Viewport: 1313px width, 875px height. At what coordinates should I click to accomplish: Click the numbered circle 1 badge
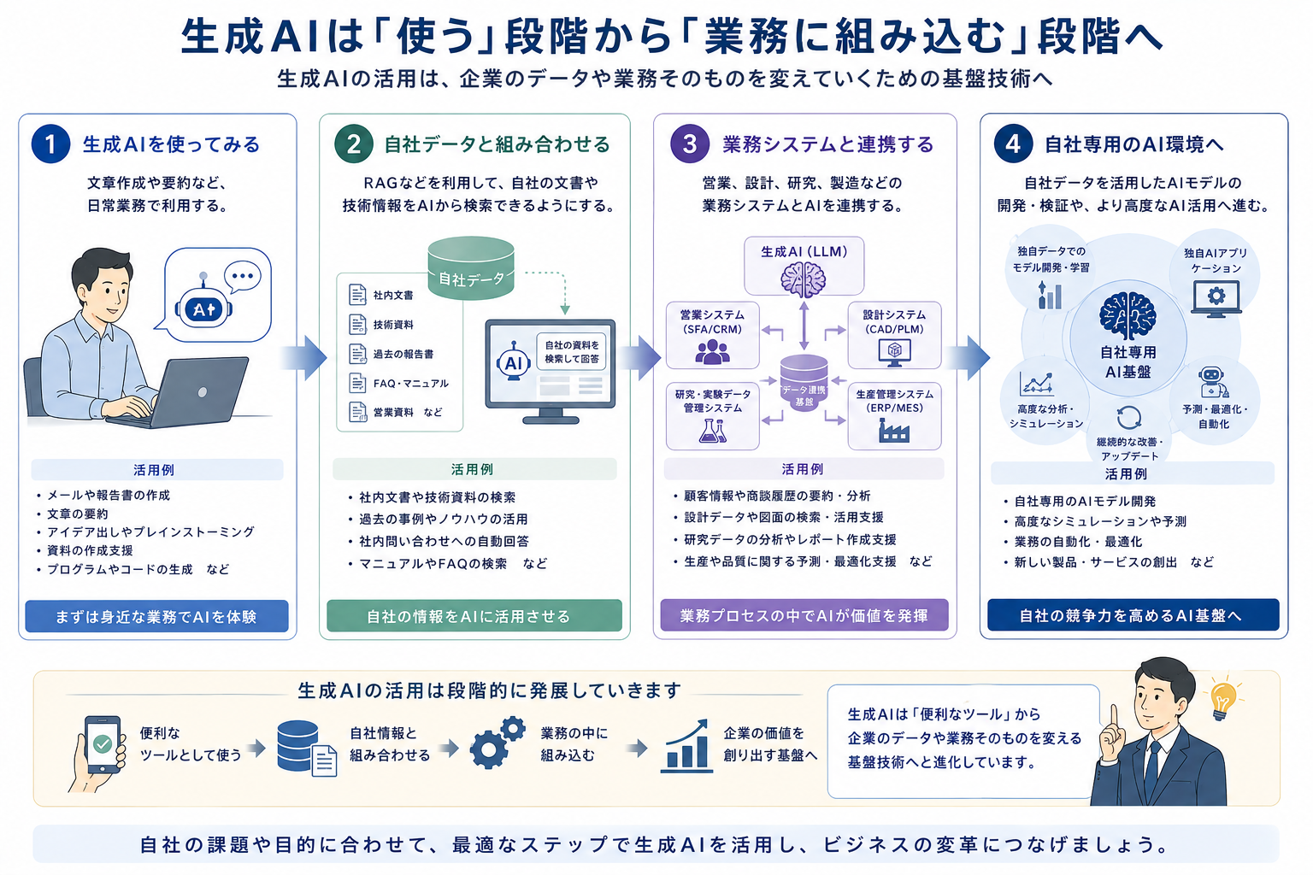point(51,144)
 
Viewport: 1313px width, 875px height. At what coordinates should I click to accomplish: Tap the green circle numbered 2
point(353,144)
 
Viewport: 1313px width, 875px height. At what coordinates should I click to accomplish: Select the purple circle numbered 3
point(690,144)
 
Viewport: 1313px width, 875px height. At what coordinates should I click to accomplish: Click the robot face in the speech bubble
point(203,307)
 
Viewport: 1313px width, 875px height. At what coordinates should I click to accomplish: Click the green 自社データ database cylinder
point(471,267)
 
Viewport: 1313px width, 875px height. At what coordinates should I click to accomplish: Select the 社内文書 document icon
point(357,294)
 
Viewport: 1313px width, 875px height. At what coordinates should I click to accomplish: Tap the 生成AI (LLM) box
point(804,266)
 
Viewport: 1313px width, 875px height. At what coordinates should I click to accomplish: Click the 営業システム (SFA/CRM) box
point(712,335)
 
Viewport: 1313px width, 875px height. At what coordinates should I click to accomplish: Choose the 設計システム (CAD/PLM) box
point(894,335)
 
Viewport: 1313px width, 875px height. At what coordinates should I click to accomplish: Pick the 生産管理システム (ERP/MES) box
point(894,416)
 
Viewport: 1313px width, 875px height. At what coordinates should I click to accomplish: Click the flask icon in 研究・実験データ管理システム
point(713,431)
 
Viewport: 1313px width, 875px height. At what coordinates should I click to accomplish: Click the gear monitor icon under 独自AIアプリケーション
point(1216,298)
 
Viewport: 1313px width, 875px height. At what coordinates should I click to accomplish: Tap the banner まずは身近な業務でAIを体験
point(156,616)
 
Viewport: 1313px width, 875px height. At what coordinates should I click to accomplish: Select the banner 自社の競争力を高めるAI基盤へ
point(1133,614)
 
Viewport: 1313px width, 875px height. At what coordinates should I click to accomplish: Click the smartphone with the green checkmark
point(103,744)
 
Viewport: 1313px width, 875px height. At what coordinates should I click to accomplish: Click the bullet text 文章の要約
point(78,514)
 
